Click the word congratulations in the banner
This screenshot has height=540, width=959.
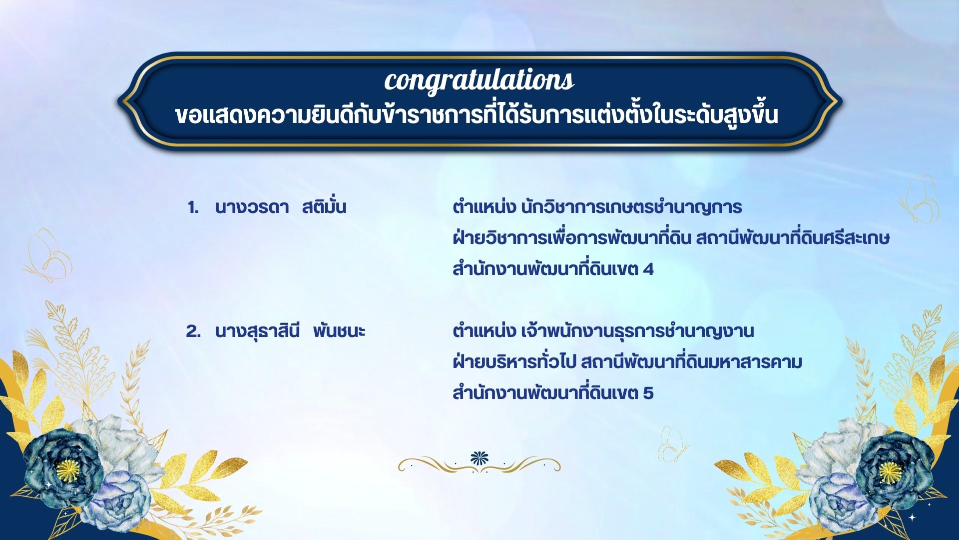pos(479,80)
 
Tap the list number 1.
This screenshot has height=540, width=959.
pos(193,208)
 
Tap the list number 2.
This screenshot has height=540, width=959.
pos(193,331)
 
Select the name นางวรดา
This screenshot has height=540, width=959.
pos(252,207)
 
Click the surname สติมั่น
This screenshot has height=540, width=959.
pos(324,206)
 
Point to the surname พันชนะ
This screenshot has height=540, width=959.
pos(339,331)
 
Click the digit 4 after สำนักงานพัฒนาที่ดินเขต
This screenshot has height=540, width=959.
pos(648,270)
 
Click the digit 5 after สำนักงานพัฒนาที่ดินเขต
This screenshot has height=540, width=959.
pos(648,393)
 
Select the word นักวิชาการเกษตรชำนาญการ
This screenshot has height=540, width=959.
pos(631,207)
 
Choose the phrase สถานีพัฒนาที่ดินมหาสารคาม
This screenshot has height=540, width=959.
pos(692,361)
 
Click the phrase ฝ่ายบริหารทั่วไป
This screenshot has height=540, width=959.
pos(514,361)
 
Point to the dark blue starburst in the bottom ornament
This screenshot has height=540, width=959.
pos(479,458)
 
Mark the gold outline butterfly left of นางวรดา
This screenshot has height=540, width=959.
pos(48,255)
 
